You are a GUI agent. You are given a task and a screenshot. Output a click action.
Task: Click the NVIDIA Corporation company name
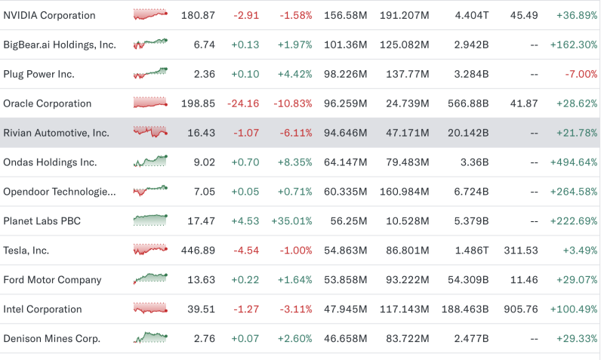pos(50,15)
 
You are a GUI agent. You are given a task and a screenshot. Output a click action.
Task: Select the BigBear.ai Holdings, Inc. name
pos(60,45)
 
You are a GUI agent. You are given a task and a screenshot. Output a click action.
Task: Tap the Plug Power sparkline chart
pos(150,74)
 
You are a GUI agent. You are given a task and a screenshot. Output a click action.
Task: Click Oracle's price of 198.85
pos(199,103)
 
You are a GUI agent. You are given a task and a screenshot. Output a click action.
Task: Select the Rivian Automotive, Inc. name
pos(57,133)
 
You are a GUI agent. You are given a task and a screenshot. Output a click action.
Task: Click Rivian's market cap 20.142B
pos(470,133)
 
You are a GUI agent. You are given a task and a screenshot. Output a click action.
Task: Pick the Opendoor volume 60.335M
pos(346,192)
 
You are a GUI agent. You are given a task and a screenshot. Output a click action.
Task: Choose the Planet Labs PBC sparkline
pos(150,220)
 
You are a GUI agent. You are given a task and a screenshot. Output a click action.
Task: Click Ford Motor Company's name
pos(52,280)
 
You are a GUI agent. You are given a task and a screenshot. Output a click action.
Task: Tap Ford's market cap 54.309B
pos(468,280)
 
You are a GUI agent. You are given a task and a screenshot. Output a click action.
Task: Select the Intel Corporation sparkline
pos(150,308)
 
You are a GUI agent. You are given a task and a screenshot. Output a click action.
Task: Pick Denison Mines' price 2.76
pos(203,339)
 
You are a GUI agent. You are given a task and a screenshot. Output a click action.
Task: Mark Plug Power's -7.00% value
pos(581,74)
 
